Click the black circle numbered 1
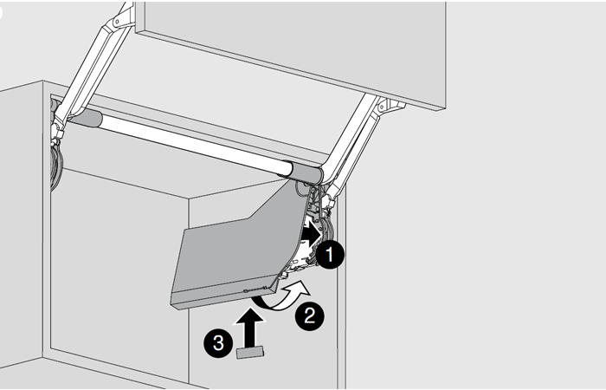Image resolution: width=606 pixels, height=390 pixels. (x=330, y=255)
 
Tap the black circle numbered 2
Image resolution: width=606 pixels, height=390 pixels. (x=310, y=316)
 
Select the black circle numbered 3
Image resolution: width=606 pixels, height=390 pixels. (x=218, y=343)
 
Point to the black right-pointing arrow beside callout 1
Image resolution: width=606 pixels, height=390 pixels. (x=311, y=234)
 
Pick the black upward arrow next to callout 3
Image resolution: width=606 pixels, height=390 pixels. (x=251, y=328)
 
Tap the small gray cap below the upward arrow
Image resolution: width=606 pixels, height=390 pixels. (x=250, y=353)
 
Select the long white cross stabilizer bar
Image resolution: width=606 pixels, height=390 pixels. (x=193, y=144)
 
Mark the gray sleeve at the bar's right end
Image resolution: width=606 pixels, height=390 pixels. (x=306, y=172)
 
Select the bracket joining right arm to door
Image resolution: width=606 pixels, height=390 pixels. (x=389, y=106)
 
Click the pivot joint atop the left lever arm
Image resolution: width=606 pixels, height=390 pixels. (x=123, y=16)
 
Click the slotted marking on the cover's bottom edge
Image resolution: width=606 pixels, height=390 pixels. (x=255, y=289)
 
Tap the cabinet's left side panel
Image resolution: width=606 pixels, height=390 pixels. (x=22, y=224)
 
